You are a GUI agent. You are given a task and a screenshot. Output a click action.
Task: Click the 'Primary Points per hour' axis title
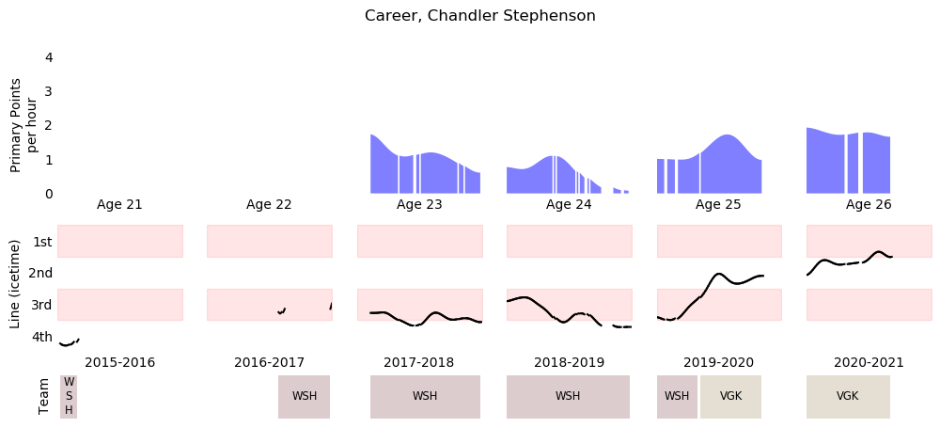[23, 124]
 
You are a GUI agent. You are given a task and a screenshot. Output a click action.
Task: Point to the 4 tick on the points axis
[49, 57]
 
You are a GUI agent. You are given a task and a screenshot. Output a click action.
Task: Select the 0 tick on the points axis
[49, 194]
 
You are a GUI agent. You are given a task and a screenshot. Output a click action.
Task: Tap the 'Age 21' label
[119, 204]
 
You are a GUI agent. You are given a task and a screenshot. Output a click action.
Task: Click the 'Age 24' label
[569, 204]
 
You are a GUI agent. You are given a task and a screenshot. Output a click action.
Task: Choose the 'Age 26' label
[869, 204]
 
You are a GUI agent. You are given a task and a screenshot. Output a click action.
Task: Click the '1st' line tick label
[42, 242]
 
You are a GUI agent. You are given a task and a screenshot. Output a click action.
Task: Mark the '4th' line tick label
[42, 337]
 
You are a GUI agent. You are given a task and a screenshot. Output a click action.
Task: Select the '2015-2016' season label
[119, 362]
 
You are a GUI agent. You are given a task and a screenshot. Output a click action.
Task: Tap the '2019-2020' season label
[718, 362]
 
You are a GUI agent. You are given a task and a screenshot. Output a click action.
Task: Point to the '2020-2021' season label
[869, 362]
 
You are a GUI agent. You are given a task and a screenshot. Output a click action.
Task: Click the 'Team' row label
[43, 397]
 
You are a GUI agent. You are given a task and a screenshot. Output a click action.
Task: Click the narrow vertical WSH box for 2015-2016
[69, 396]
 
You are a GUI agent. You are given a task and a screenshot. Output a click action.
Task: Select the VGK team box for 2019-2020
[730, 396]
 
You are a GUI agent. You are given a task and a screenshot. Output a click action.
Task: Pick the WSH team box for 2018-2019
[568, 396]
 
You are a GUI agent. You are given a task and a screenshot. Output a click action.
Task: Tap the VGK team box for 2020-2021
[848, 396]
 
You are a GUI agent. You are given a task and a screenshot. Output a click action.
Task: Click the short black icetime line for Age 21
[68, 344]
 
